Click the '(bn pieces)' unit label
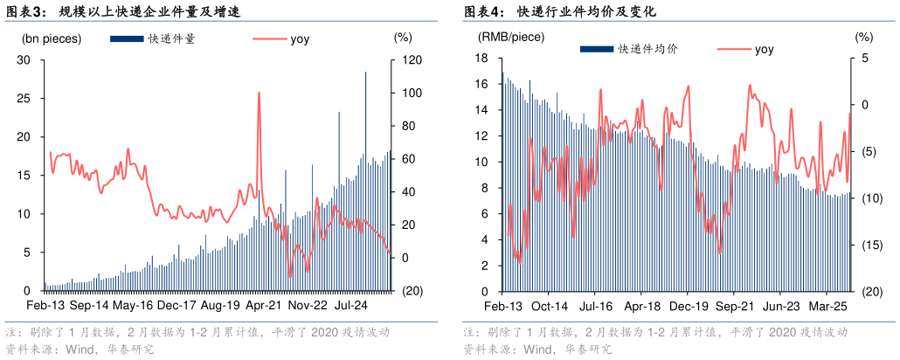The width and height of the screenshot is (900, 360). click(x=52, y=38)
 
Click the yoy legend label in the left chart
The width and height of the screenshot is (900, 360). click(x=300, y=38)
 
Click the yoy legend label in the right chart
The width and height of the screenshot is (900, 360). click(x=764, y=49)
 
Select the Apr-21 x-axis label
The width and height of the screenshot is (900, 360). click(x=263, y=306)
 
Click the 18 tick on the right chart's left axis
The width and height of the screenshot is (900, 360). click(x=480, y=59)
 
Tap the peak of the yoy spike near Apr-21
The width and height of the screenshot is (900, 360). click(x=260, y=93)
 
